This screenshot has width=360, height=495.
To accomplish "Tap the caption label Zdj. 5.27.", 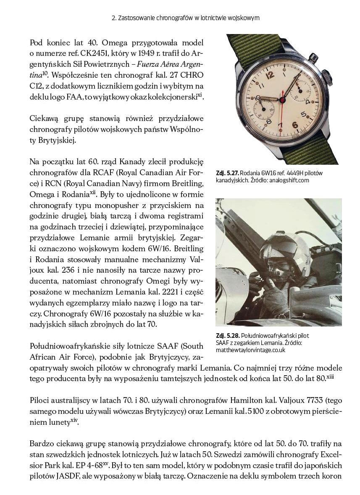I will click(228, 173).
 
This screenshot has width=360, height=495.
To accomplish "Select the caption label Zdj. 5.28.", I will click(228, 336).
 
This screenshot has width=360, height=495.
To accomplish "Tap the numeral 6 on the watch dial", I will click(295, 124).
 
